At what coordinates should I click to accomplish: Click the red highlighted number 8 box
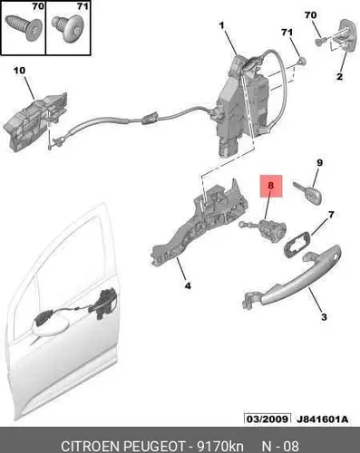click(x=271, y=186)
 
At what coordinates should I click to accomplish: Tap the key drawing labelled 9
click(x=307, y=191)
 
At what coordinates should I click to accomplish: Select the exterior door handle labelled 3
click(x=291, y=277)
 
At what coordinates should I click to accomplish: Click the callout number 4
click(x=188, y=285)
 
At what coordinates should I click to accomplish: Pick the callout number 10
click(x=19, y=71)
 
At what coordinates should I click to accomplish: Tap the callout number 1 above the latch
click(x=222, y=25)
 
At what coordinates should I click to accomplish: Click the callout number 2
click(x=340, y=76)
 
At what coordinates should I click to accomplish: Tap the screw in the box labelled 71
click(x=69, y=29)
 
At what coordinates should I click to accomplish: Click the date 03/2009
click(x=268, y=419)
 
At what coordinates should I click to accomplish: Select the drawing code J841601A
click(x=322, y=419)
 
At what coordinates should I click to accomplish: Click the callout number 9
click(x=319, y=163)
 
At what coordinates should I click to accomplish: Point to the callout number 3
click(x=324, y=317)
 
